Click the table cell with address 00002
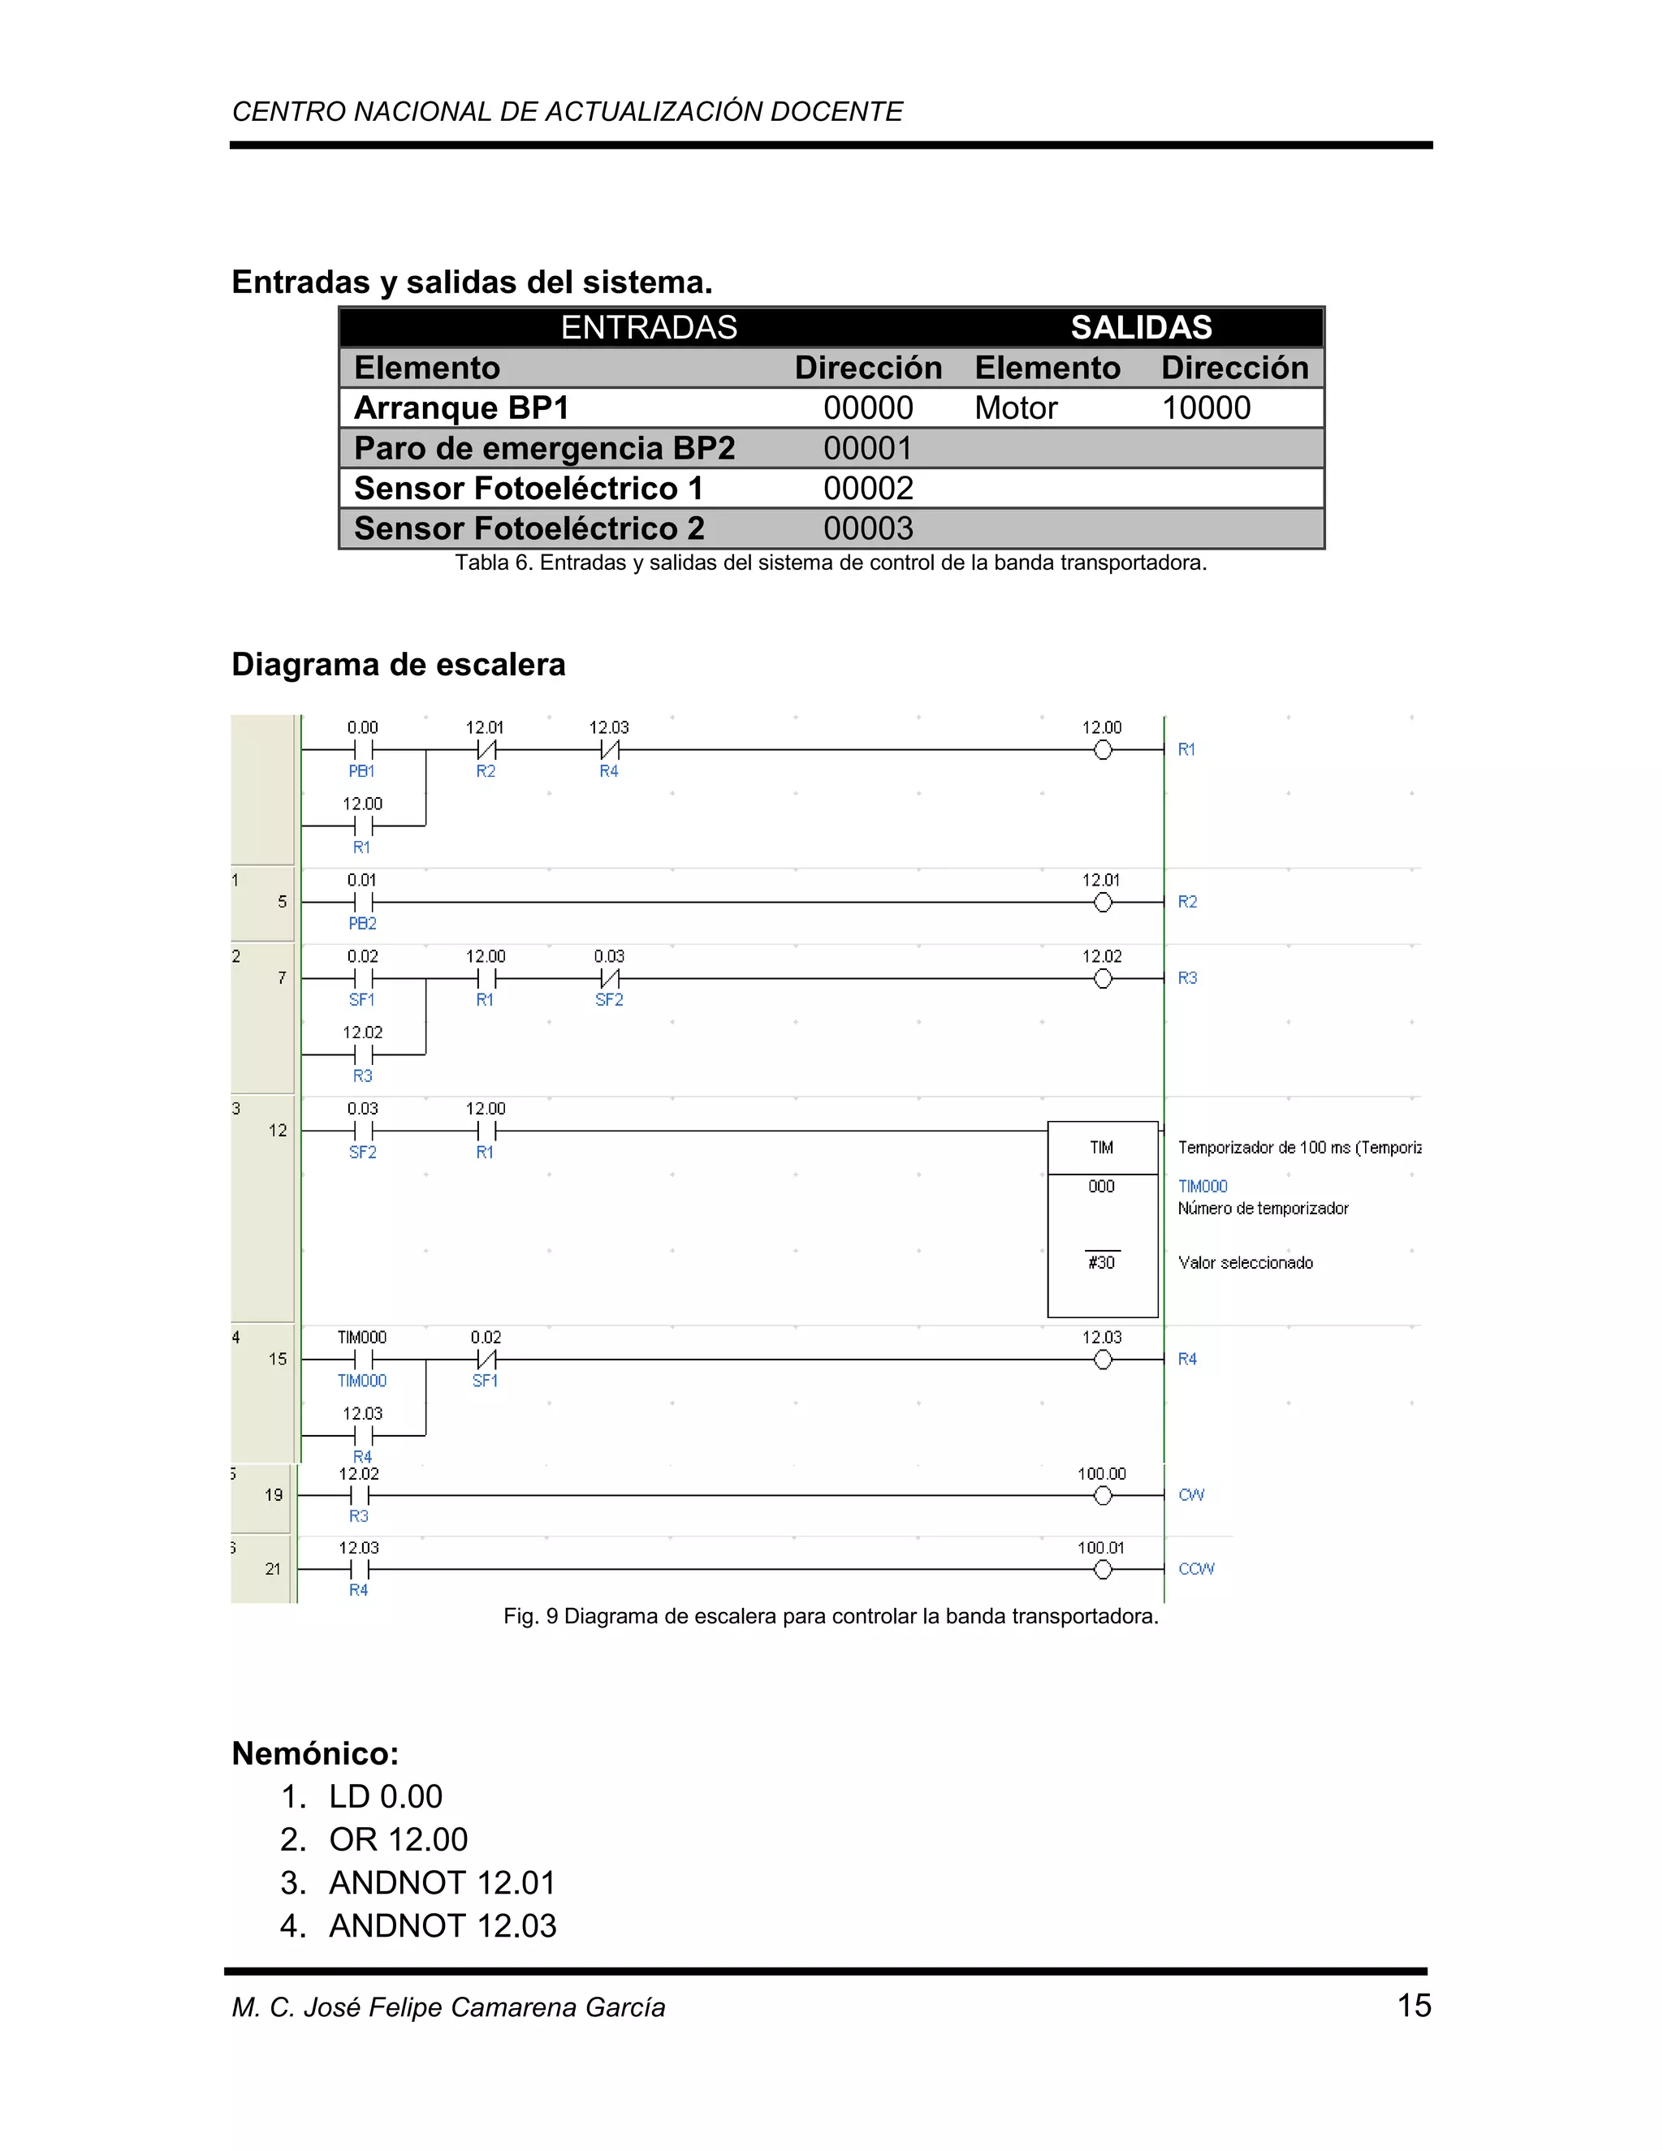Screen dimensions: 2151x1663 (x=868, y=489)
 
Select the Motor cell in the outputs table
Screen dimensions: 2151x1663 (x=1016, y=407)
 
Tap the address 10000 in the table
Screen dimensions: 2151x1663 (x=1206, y=407)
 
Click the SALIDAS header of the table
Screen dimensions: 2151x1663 (x=1141, y=327)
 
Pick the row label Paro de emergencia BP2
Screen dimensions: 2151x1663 (x=545, y=448)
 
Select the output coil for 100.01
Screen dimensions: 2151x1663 (x=1103, y=1570)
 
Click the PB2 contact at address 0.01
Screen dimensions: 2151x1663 (x=362, y=902)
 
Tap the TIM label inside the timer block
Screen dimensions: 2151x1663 (x=1101, y=1148)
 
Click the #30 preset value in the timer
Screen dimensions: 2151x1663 (x=1101, y=1263)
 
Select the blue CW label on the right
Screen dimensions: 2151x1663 (x=1191, y=1495)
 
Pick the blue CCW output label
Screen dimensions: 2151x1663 (x=1196, y=1569)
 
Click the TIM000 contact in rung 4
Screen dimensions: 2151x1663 (x=362, y=1360)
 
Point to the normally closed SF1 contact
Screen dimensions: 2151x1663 (x=486, y=1360)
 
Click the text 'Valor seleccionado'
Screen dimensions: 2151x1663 (x=1246, y=1263)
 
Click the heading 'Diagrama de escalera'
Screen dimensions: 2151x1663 (x=398, y=665)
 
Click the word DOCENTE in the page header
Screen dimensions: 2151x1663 (x=836, y=111)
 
